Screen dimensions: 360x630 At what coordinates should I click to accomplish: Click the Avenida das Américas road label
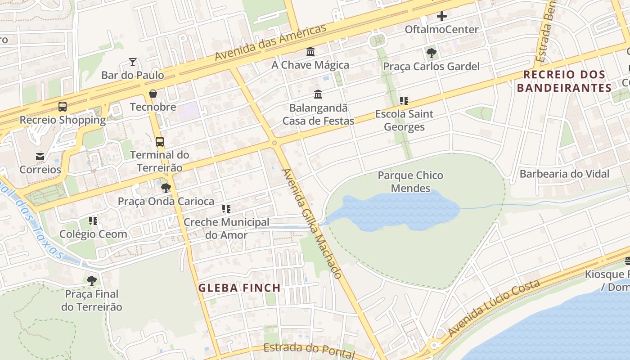pyautogui.click(x=270, y=43)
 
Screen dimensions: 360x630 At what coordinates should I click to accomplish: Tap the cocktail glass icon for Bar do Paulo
pyautogui.click(x=133, y=62)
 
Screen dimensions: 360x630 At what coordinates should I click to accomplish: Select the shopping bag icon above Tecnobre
pyautogui.click(x=153, y=94)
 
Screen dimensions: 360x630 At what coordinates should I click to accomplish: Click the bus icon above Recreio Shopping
pyautogui.click(x=63, y=107)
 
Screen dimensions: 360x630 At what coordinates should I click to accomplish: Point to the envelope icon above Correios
pyautogui.click(x=40, y=157)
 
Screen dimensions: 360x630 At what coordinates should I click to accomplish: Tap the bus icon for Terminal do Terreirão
pyautogui.click(x=160, y=142)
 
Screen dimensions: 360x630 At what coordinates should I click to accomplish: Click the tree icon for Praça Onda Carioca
pyautogui.click(x=166, y=188)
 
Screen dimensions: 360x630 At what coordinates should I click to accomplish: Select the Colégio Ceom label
pyautogui.click(x=93, y=234)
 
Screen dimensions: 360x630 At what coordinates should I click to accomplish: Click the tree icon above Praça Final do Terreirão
pyautogui.click(x=92, y=281)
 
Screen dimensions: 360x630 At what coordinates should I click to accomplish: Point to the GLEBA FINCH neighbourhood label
pyautogui.click(x=239, y=288)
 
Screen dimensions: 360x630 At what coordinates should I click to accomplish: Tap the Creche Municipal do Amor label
pyautogui.click(x=226, y=229)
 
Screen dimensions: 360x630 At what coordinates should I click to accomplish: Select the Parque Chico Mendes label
pyautogui.click(x=410, y=182)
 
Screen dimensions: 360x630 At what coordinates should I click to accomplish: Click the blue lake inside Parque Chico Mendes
pyautogui.click(x=396, y=211)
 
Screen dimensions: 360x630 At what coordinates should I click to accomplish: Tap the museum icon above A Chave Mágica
pyautogui.click(x=310, y=52)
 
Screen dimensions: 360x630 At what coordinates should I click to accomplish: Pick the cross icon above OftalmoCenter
pyautogui.click(x=442, y=17)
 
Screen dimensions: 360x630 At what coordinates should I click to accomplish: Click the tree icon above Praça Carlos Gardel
pyautogui.click(x=432, y=53)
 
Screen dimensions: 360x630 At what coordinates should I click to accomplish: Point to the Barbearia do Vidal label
pyautogui.click(x=564, y=174)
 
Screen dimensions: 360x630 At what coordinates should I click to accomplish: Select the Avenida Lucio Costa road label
pyautogui.click(x=494, y=308)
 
